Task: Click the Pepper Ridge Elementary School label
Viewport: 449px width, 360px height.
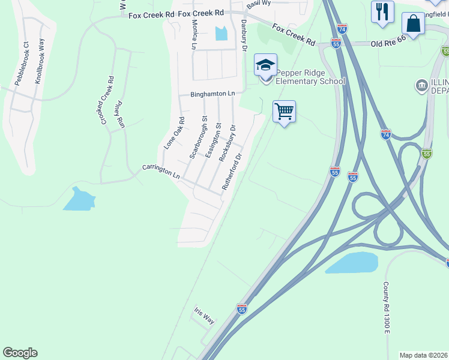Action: coord(310,77)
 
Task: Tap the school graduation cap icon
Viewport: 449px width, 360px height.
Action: coord(265,64)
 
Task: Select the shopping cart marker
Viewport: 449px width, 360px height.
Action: coord(284,111)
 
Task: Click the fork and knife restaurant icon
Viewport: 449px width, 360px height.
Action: coord(382,11)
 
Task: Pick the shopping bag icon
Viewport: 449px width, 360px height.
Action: coord(413,24)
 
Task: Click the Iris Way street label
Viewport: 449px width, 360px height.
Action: coord(204,316)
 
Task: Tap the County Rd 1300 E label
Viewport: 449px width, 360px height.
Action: coord(387,316)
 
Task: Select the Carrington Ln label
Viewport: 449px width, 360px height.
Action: coord(161,172)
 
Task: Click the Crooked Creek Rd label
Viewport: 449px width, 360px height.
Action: coord(107,100)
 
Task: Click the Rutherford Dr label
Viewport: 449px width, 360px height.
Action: coord(232,172)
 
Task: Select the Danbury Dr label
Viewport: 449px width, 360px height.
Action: coord(244,37)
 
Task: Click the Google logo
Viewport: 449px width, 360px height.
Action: coord(20,353)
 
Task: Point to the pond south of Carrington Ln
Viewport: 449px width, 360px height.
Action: coord(79,200)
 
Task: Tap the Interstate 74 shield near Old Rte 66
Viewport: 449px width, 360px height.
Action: coord(342,28)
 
